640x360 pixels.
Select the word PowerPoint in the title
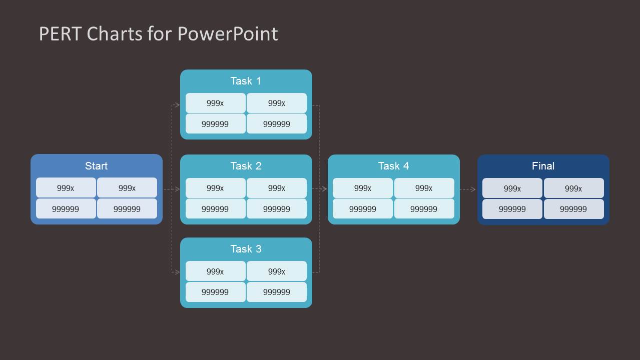228,34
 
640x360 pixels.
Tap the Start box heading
96,166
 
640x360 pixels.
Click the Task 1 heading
246,81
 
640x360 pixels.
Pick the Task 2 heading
246,166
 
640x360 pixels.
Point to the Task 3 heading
246,249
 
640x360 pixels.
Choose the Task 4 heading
393,166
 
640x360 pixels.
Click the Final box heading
543,166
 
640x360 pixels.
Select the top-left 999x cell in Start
66,188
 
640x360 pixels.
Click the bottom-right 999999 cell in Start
127,209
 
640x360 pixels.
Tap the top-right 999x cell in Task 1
277,103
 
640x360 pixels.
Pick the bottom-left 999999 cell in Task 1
215,124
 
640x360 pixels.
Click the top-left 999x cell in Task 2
215,188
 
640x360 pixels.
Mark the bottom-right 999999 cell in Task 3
277,292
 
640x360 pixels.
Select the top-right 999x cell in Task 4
424,188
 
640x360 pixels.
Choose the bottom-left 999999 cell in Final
512,209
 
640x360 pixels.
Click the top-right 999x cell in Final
573,188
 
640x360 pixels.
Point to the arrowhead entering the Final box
473,189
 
